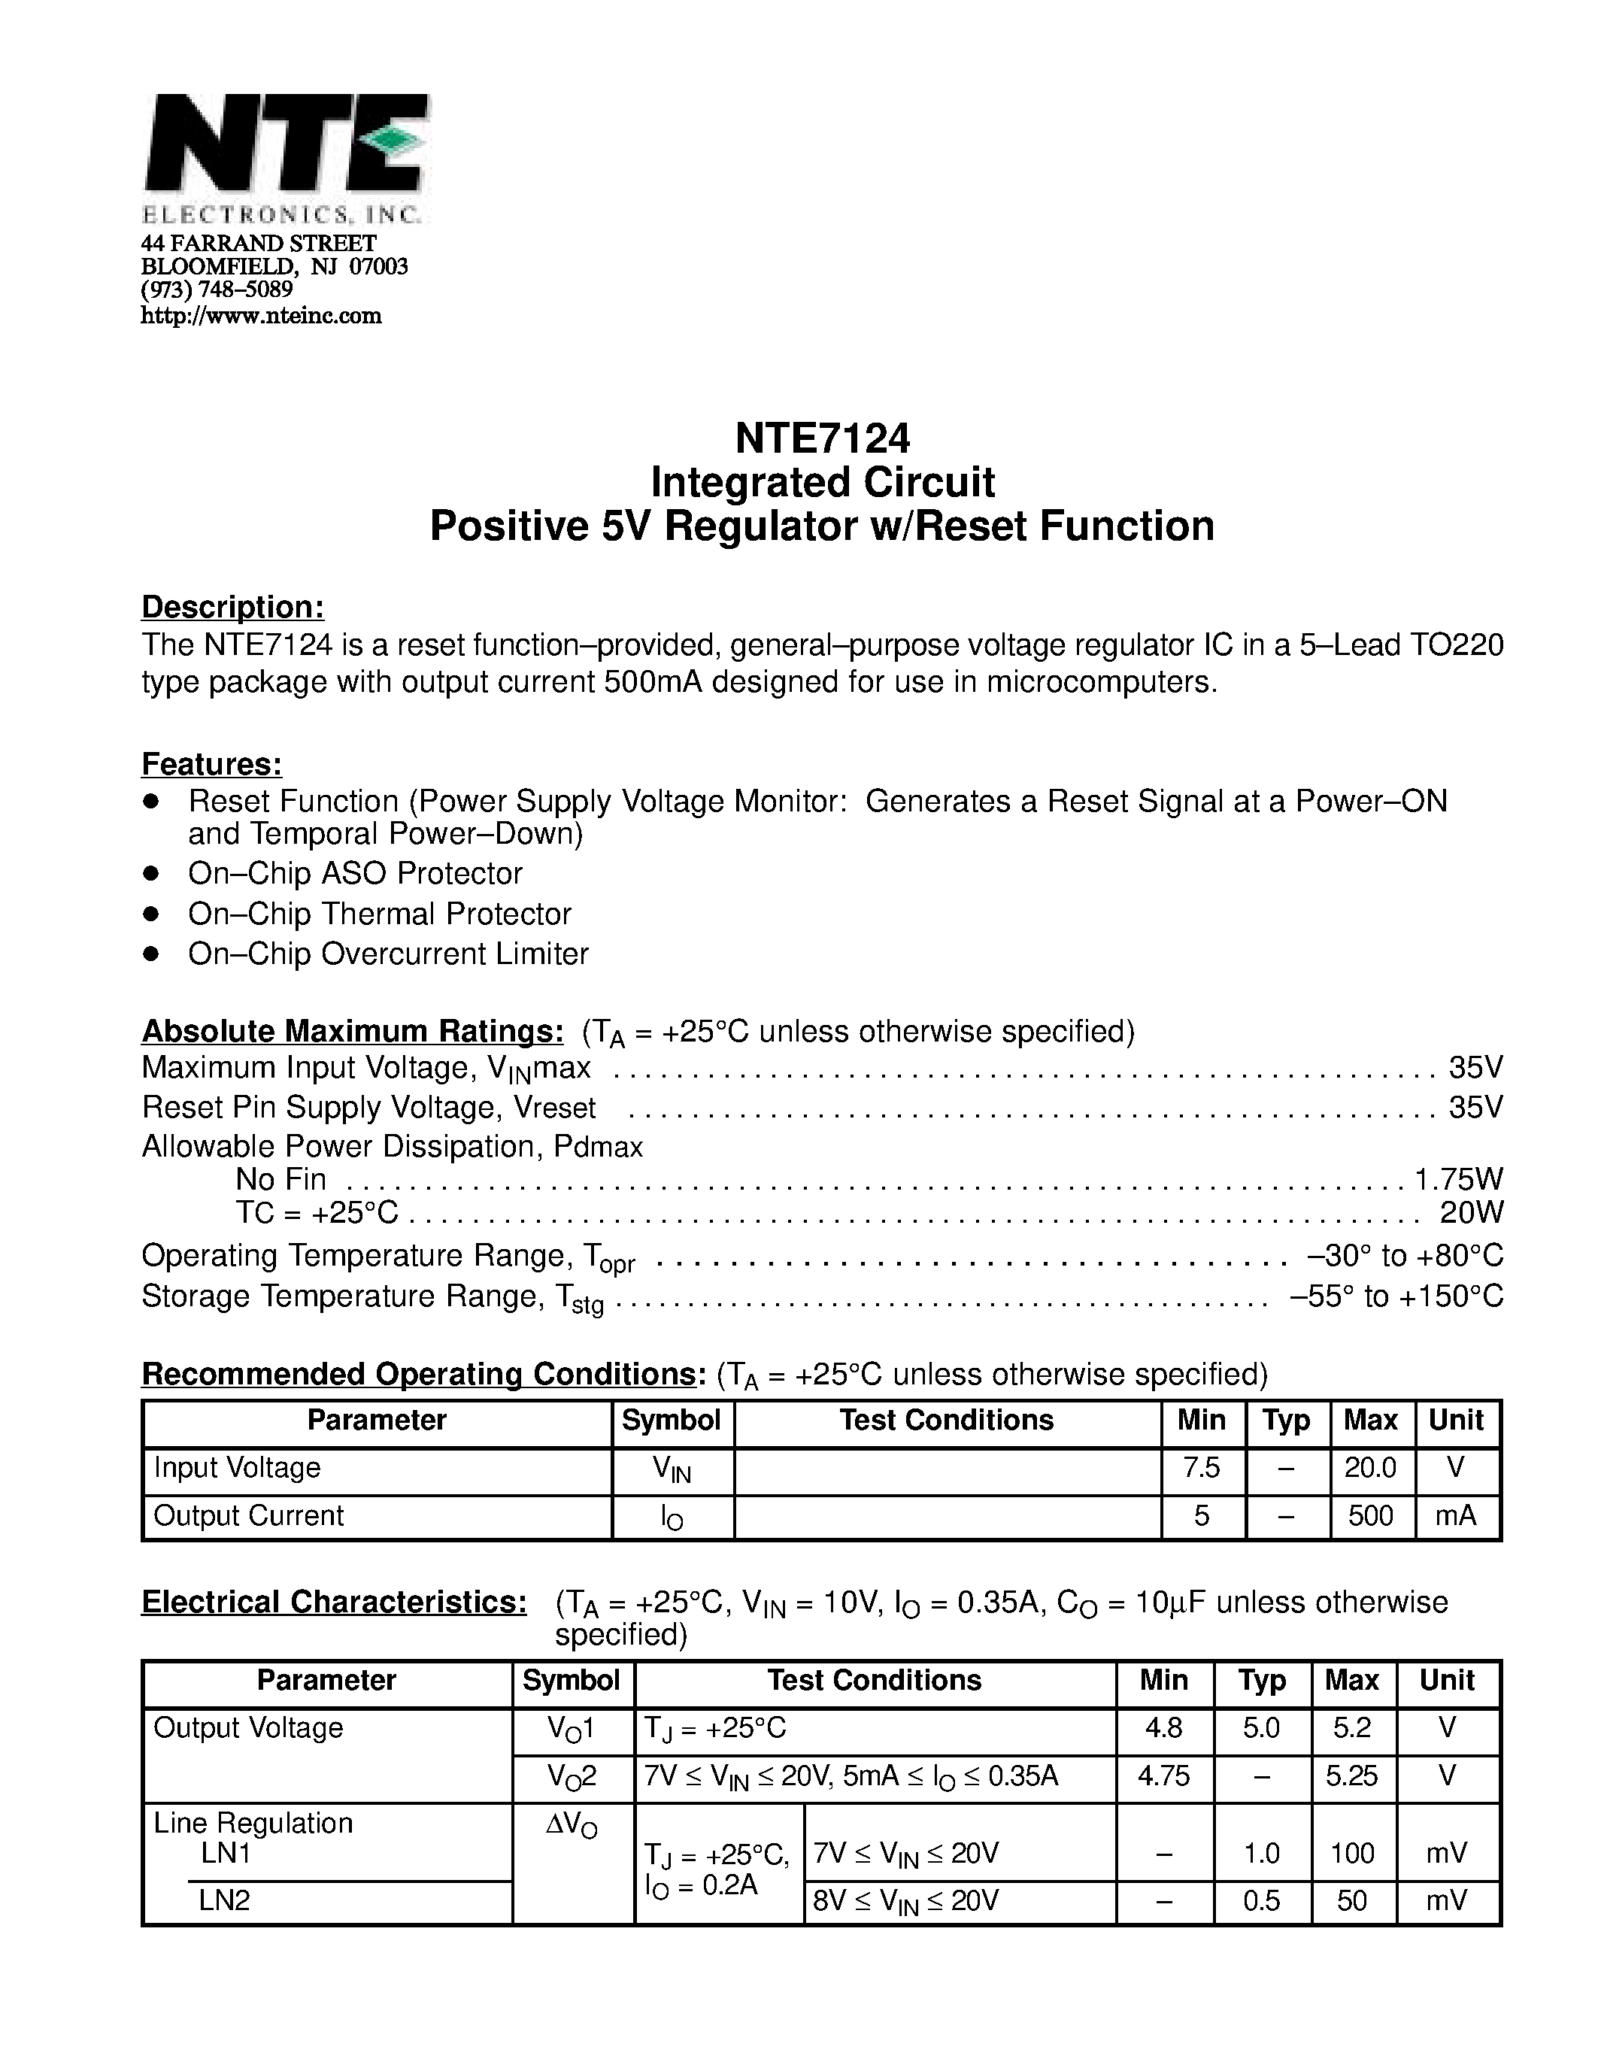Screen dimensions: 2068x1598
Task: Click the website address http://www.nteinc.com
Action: point(260,317)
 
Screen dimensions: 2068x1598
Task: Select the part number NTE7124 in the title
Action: point(822,438)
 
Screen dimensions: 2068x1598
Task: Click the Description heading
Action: point(233,607)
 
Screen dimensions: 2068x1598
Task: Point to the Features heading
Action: point(212,764)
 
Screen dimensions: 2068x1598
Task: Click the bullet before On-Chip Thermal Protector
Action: point(150,914)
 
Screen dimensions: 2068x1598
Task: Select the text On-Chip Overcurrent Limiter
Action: point(388,954)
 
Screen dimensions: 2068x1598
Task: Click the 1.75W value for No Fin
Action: point(1458,1180)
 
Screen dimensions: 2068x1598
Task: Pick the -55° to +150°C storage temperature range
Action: point(1396,1296)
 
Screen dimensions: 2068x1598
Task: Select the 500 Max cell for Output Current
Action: point(1370,1516)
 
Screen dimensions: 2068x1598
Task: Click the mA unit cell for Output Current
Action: point(1455,1516)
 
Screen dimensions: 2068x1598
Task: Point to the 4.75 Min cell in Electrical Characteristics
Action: point(1163,1775)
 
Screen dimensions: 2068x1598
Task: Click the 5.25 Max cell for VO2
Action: point(1351,1775)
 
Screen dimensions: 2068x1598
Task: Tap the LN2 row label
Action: point(224,1900)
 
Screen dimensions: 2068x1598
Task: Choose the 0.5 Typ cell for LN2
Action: point(1261,1900)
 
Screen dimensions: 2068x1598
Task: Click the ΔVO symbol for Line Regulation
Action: point(572,1824)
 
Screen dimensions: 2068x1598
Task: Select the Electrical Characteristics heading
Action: point(334,1602)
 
